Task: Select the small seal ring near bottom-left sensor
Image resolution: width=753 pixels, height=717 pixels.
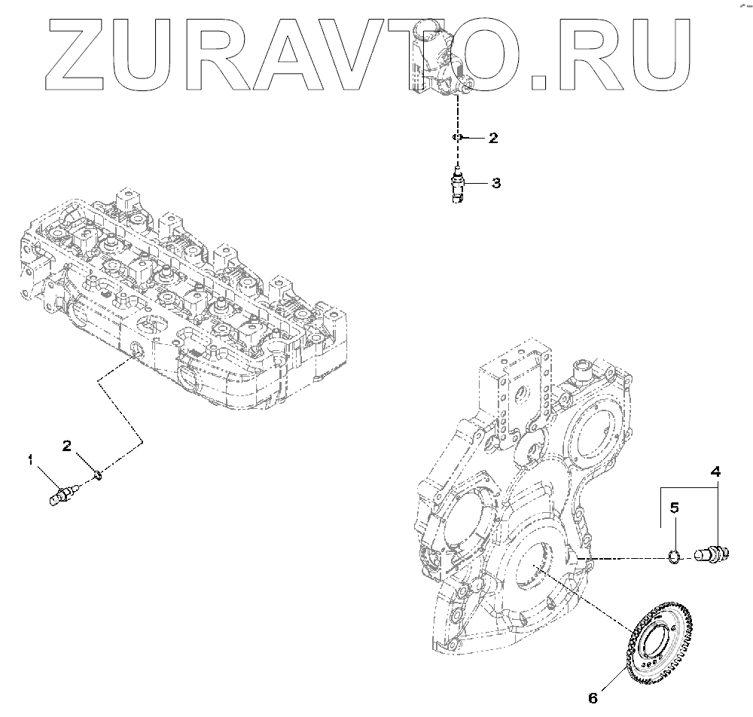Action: coord(97,475)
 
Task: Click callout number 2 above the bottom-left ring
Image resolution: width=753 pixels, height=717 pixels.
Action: coord(67,446)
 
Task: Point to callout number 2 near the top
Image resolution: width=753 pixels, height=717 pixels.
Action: coord(493,138)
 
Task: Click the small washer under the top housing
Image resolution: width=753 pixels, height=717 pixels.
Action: coord(457,137)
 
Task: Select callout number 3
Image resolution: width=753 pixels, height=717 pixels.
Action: coord(495,183)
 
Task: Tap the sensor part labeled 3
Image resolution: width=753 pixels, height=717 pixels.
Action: coord(458,184)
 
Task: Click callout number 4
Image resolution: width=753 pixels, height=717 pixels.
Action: coord(715,472)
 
